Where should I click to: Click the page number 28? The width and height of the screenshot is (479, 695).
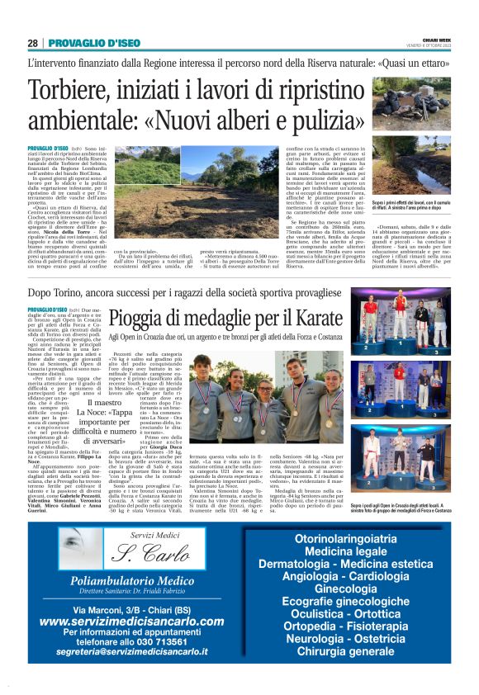32,43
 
